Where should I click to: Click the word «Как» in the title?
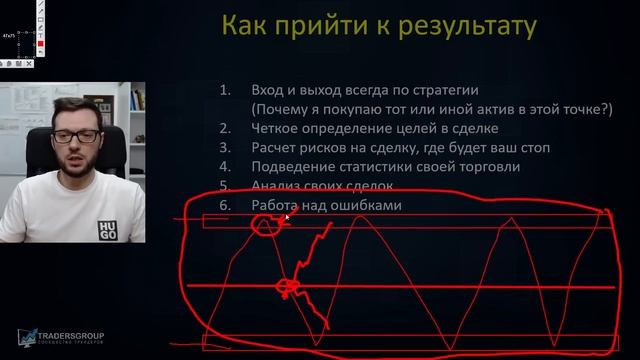pos(244,24)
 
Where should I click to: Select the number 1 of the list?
pos(224,90)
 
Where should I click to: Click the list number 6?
pos(224,205)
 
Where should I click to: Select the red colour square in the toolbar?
pos(39,45)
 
